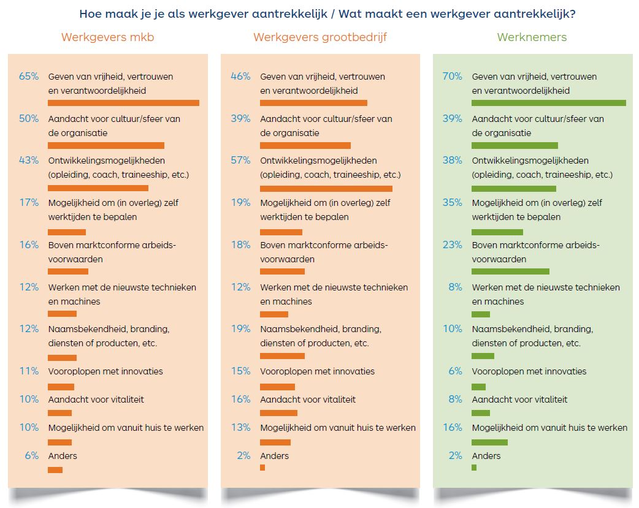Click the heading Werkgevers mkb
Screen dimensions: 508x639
pyautogui.click(x=107, y=37)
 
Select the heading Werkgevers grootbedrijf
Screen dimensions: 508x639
pyautogui.click(x=319, y=37)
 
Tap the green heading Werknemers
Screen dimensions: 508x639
pyautogui.click(x=532, y=37)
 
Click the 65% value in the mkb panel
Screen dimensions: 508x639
pyautogui.click(x=29, y=77)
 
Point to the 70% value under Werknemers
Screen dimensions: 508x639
pyautogui.click(x=452, y=77)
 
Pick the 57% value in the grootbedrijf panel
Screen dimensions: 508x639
pyautogui.click(x=240, y=161)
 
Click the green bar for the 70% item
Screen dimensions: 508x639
pyautogui.click(x=548, y=103)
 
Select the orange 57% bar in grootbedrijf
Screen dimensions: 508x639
pyautogui.click(x=326, y=189)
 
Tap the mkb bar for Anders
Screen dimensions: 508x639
pyautogui.click(x=55, y=470)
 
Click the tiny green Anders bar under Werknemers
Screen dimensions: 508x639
pyautogui.click(x=474, y=468)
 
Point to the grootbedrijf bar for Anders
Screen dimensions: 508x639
pyautogui.click(x=262, y=468)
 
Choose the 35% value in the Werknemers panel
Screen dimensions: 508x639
pyautogui.click(x=452, y=203)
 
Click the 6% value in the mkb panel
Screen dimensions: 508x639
pyautogui.click(x=31, y=456)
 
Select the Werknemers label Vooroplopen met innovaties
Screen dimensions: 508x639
pyautogui.click(x=529, y=371)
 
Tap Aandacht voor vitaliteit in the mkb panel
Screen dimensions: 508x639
pyautogui.click(x=96, y=400)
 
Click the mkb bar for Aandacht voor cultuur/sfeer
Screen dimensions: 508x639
pyautogui.click(x=106, y=145)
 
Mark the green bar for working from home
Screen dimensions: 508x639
pyautogui.click(x=489, y=442)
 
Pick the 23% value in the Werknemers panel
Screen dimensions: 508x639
pyautogui.click(x=452, y=245)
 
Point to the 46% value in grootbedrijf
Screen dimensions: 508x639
pyautogui.click(x=240, y=77)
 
